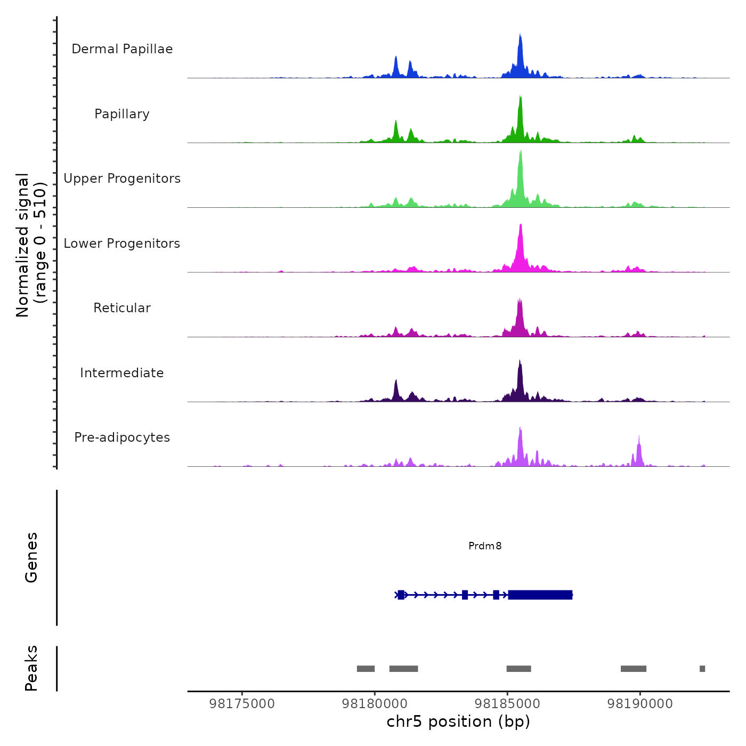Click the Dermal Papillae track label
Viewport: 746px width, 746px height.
(x=122, y=49)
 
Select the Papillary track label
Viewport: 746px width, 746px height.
(x=122, y=114)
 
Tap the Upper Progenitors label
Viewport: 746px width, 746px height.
(x=122, y=179)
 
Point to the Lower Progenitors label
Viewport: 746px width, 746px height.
(x=122, y=244)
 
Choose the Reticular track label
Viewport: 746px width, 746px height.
(x=122, y=308)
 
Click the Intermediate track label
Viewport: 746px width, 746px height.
(x=122, y=373)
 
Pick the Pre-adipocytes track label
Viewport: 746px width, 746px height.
(x=122, y=437)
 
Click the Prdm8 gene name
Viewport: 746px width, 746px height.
(x=485, y=546)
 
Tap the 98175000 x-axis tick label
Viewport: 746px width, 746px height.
(x=242, y=704)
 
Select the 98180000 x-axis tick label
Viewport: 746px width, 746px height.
(x=375, y=704)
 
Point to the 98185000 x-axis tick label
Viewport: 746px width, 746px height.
(x=507, y=704)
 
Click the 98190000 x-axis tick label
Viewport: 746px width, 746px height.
(x=640, y=704)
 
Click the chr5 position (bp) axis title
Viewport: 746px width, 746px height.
(x=458, y=721)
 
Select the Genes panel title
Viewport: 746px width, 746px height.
(x=31, y=557)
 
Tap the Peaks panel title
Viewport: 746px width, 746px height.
(x=31, y=668)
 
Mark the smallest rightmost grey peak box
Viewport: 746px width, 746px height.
(x=702, y=669)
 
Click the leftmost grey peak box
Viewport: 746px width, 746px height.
(x=366, y=669)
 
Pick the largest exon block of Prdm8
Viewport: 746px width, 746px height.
(x=540, y=595)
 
